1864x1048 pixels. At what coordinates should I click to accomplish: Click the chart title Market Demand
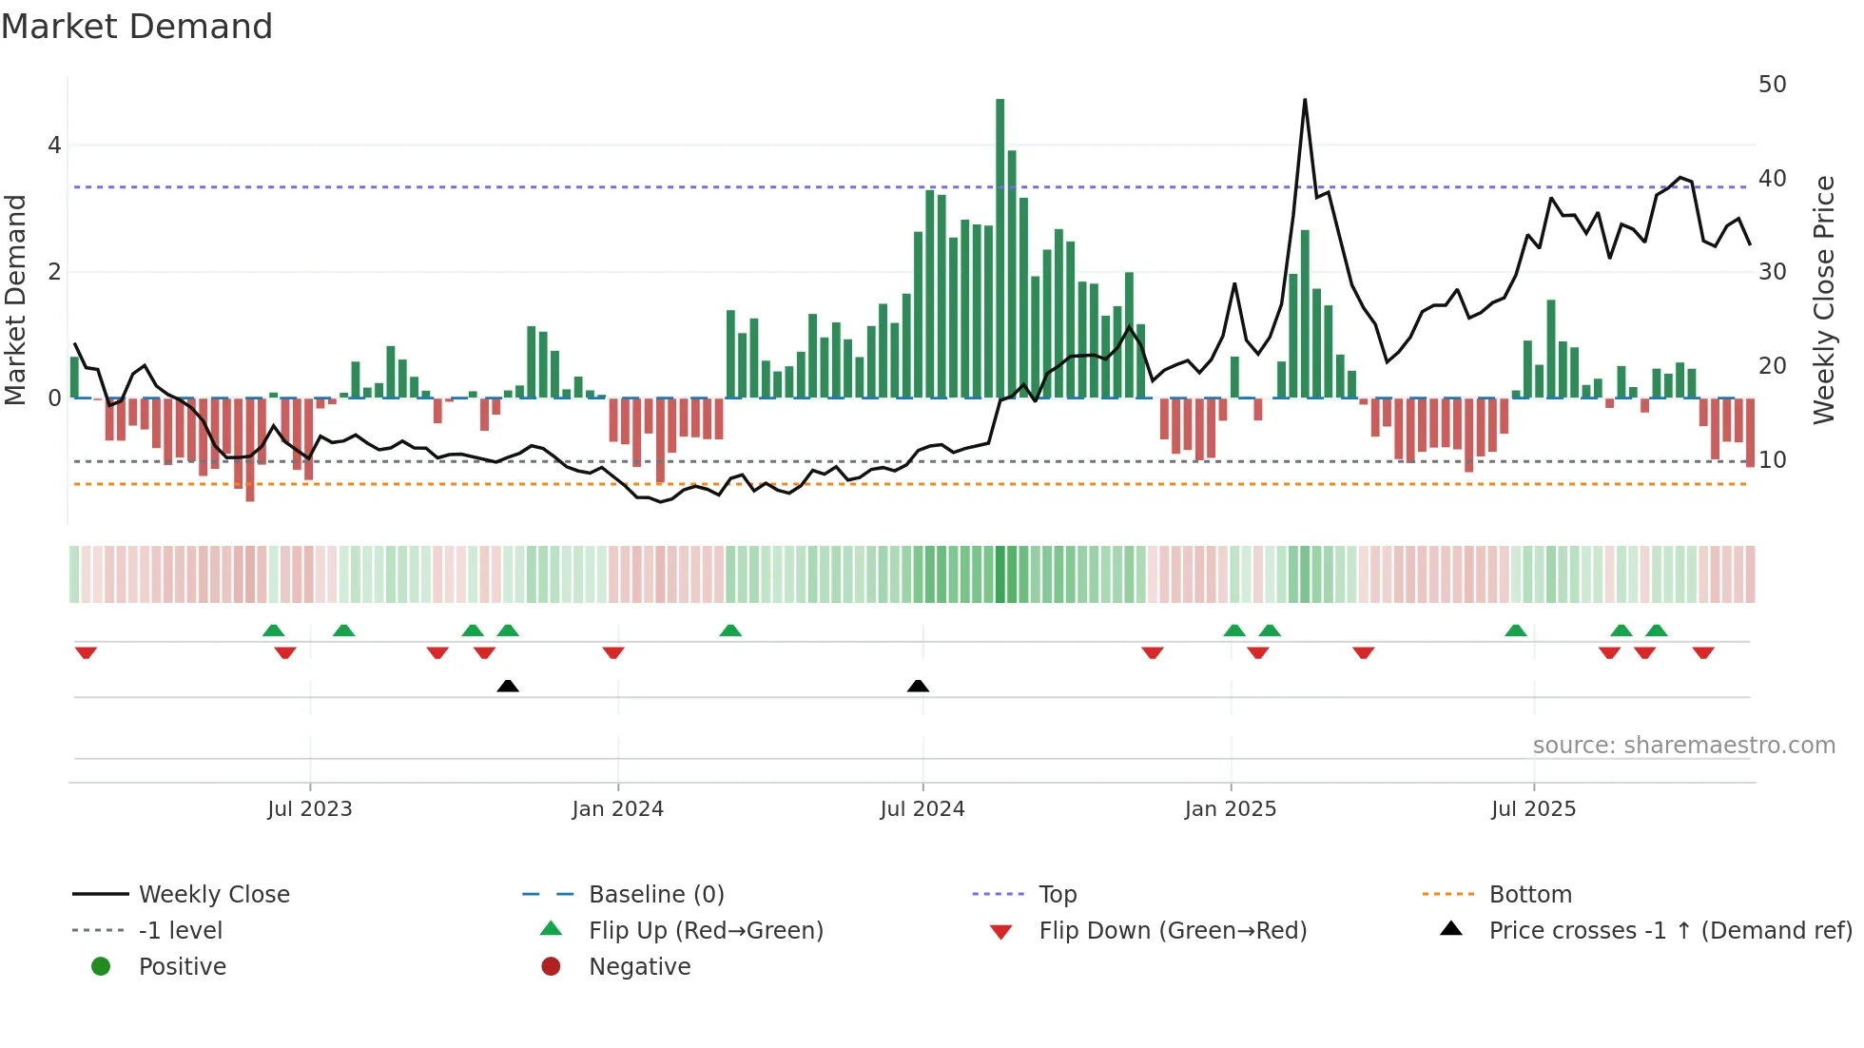(137, 27)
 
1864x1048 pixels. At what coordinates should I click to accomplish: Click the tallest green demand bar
(1000, 247)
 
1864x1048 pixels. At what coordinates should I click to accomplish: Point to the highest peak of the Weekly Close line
(1305, 100)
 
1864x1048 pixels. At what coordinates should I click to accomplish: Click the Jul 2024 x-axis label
(922, 809)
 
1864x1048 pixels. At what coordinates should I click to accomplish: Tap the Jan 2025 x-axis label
(1230, 809)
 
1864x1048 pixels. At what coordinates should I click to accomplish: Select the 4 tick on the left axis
(54, 146)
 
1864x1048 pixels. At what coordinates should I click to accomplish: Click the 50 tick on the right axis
(1772, 85)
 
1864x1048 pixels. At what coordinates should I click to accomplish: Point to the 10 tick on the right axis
(1772, 460)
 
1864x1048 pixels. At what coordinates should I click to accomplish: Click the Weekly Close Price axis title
(1823, 300)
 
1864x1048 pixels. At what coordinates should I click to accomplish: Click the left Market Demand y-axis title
(16, 300)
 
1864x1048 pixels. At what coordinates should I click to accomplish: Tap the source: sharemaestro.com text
(1683, 746)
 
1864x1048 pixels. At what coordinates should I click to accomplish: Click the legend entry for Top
(1058, 895)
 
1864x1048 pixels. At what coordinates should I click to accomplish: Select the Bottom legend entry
(1529, 895)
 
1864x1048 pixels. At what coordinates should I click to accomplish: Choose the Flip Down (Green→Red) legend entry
(1172, 931)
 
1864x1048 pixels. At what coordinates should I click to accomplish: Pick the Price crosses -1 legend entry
(1669, 931)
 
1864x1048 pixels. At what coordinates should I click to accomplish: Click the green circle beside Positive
(101, 967)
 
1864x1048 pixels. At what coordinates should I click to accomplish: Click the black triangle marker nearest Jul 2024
(918, 687)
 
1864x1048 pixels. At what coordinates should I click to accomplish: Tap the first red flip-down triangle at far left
(86, 653)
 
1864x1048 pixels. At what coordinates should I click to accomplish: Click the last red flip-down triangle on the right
(1703, 653)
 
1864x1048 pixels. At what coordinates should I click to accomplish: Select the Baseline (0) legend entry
(656, 895)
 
